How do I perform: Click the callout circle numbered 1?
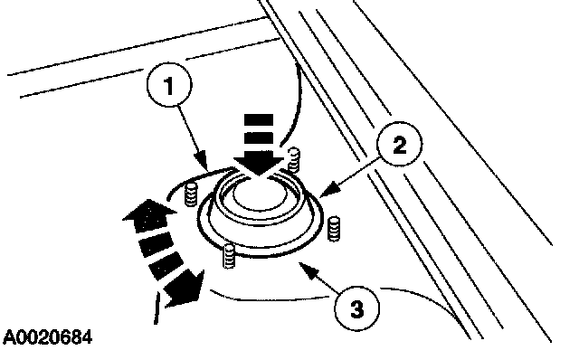[169, 85]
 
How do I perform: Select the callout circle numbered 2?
[400, 145]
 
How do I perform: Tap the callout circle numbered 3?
[357, 308]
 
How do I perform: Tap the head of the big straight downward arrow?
[259, 165]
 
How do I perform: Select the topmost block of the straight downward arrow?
[259, 120]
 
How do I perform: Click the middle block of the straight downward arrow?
[259, 137]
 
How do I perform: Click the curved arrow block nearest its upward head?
[157, 243]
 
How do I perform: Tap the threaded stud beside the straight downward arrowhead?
[294, 159]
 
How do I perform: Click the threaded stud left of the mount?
[191, 194]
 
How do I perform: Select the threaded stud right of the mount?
[334, 228]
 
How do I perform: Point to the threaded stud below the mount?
[229, 256]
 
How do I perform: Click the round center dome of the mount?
[260, 196]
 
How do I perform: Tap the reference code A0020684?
[47, 337]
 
